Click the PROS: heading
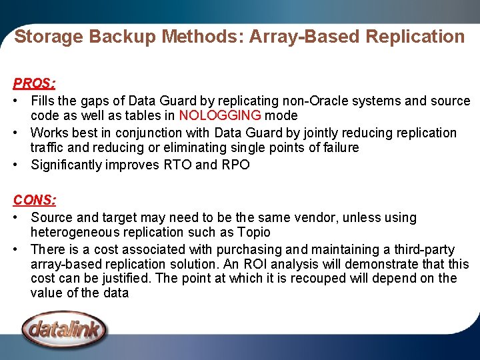tap(34, 84)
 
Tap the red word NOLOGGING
tap(221, 115)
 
